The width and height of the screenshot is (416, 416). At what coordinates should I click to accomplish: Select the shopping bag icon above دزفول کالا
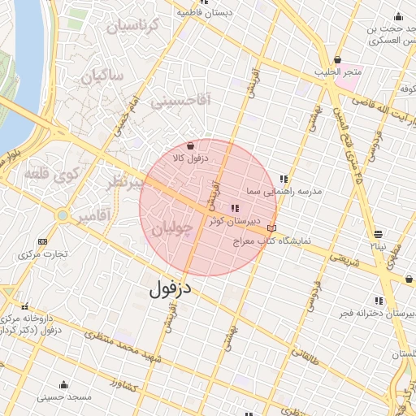[190, 146]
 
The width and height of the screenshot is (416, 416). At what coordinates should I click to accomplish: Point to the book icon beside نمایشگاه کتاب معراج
[271, 228]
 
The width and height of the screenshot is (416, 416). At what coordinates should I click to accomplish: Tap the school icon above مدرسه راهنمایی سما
[284, 180]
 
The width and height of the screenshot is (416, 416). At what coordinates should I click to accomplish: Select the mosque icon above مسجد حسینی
[63, 384]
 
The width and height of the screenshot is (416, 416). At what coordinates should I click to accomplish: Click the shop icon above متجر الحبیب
[337, 60]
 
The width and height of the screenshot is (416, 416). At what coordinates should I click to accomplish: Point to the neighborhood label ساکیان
[102, 78]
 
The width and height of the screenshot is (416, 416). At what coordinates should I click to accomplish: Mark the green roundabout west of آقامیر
[62, 215]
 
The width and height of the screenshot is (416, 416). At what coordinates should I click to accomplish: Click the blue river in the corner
[20, 57]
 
